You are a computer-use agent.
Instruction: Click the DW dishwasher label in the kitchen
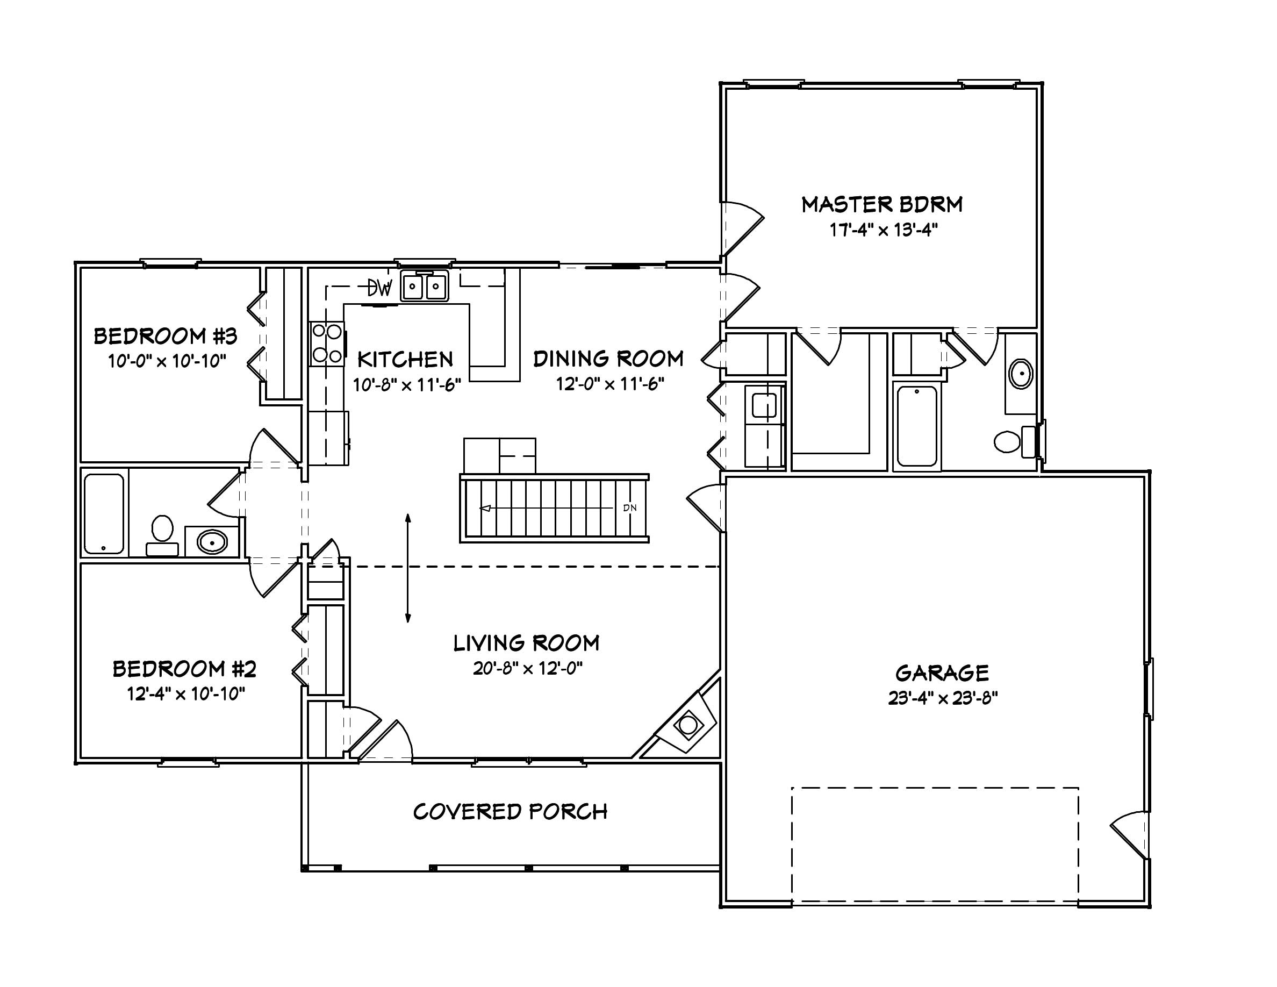[x=379, y=288]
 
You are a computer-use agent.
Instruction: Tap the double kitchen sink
[x=425, y=287]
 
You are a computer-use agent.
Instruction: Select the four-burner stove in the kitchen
[x=327, y=344]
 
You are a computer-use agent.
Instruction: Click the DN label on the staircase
[x=630, y=507]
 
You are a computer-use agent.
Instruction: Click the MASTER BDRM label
[x=882, y=205]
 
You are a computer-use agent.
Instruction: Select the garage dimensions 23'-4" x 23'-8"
[x=943, y=698]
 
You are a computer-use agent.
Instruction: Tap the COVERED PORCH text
[x=510, y=812]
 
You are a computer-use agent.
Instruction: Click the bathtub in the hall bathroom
[x=104, y=514]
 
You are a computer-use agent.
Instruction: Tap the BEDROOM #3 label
[x=166, y=336]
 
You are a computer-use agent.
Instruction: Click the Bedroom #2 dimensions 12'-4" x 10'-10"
[x=186, y=694]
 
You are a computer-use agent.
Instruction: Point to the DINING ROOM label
[x=608, y=359]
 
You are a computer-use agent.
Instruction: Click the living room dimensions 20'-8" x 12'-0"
[x=527, y=668]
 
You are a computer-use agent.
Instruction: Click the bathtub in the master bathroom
[x=917, y=426]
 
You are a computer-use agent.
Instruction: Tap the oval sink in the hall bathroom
[x=212, y=541]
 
